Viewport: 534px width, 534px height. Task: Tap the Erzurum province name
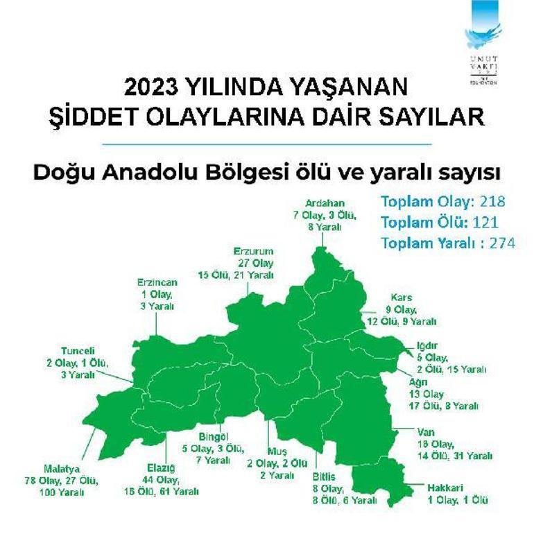click(253, 250)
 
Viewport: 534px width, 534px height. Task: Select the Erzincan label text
click(157, 282)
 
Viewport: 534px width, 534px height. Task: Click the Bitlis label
click(323, 476)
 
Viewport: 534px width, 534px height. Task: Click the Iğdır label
click(423, 345)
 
